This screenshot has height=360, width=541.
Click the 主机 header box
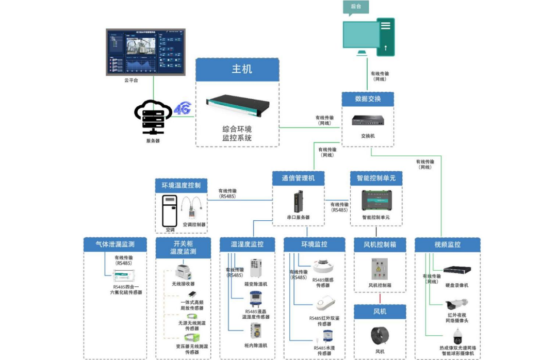click(237, 69)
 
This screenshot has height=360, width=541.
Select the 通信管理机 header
click(299, 178)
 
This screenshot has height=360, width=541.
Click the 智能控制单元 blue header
click(376, 178)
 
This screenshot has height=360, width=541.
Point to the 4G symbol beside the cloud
click(182, 109)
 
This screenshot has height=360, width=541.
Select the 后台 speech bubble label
click(356, 7)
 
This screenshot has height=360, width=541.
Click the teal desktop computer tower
click(386, 37)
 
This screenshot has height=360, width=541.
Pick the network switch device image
click(368, 120)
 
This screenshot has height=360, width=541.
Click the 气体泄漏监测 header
click(115, 244)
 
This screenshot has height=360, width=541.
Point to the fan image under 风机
click(380, 336)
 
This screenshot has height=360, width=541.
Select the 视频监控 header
click(447, 244)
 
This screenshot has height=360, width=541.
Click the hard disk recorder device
click(458, 270)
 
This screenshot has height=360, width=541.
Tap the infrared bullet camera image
click(457, 304)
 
